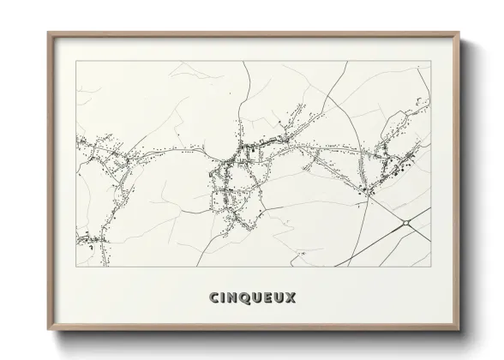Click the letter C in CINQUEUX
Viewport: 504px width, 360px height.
coord(213,297)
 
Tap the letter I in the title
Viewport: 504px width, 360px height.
coord(224,297)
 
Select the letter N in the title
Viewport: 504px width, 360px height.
coord(234,297)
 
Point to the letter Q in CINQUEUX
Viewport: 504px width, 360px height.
coord(247,297)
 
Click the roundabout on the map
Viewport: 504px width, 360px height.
coord(403,225)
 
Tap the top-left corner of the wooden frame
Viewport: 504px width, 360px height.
coord(48,33)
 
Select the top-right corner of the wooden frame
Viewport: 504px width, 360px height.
coord(460,33)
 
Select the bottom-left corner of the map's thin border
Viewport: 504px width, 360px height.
coord(76,267)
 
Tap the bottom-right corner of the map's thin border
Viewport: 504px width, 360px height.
coord(431,267)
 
